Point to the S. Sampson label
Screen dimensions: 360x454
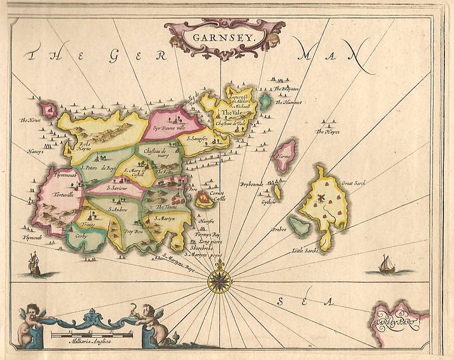(x=197, y=139)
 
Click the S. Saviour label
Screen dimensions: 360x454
(x=117, y=188)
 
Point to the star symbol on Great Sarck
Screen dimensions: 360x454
(x=321, y=197)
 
